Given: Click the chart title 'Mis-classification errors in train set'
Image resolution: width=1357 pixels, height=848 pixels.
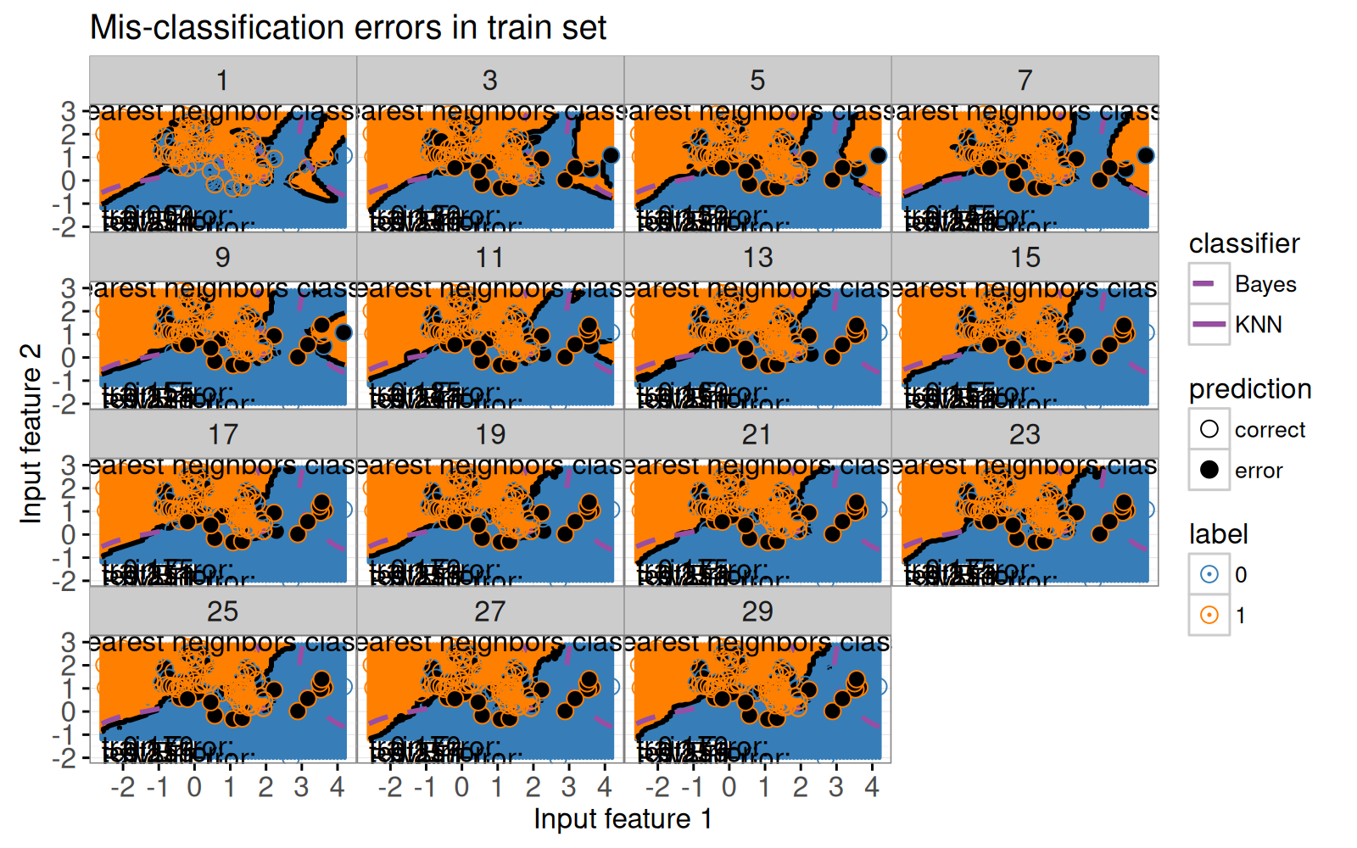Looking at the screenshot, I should pos(348,28).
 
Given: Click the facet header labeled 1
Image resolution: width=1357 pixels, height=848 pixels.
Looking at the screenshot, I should pos(222,81).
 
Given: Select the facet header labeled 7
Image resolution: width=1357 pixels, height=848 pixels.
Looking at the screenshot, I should pos(1025,81).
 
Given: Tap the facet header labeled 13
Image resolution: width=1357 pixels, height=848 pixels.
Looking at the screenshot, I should pos(757,258).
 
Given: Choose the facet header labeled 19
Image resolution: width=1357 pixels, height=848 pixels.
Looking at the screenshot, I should pos(490,435).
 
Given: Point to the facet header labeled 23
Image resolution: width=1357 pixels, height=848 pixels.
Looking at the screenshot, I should pos(1025,435).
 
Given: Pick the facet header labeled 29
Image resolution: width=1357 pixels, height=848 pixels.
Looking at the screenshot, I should pos(757,612).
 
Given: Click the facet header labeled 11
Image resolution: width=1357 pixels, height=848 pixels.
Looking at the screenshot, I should pos(490,258).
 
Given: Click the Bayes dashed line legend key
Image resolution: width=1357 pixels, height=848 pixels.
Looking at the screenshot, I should pos(1209,283).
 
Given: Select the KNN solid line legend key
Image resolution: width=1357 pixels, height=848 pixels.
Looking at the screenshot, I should pos(1209,324).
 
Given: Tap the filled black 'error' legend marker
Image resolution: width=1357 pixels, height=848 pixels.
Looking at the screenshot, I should pos(1209,470).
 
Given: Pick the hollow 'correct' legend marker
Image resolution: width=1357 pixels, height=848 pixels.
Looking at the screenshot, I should pos(1209,429).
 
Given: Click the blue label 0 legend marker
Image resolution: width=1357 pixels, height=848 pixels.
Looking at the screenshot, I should pos(1209,574).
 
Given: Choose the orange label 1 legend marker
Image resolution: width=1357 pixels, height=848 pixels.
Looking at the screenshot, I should pos(1209,615).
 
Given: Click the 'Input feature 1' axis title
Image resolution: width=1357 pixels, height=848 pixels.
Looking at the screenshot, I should pos(623,819).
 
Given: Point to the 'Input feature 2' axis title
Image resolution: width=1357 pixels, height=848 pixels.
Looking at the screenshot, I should pos(31,433).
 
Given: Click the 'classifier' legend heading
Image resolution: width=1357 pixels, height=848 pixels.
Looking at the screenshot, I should pos(1243,244).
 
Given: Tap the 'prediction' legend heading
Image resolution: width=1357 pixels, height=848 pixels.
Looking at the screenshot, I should pos(1249,389).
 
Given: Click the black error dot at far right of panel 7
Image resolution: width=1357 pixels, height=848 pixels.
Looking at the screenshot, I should pos(1146,155).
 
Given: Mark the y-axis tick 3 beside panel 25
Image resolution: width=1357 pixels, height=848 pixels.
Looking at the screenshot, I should pos(68,642).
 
